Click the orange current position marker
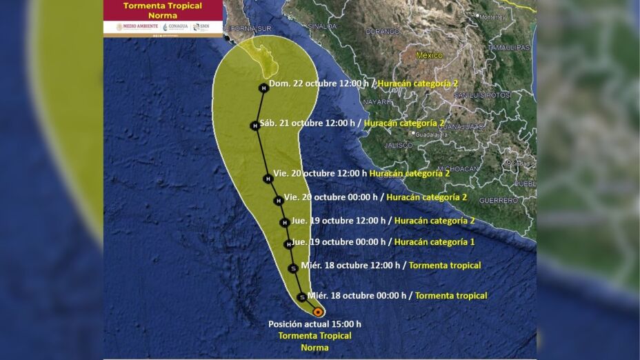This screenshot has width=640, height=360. [318, 312]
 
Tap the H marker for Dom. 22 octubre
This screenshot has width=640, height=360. [263, 88]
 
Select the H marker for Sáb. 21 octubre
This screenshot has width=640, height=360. [254, 125]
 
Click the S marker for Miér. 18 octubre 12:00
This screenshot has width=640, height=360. [293, 268]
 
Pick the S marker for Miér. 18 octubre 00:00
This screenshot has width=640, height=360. [301, 297]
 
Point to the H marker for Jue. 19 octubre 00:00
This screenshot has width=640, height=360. [288, 244]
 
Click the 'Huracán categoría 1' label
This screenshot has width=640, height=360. [434, 242]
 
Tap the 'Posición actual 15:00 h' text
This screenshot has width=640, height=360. [314, 323]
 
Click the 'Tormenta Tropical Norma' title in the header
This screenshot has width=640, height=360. [163, 10]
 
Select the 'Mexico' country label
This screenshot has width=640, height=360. [429, 55]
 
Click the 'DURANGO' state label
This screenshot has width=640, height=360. [382, 32]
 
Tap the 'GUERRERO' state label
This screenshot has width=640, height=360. [498, 200]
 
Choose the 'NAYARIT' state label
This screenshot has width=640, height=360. [378, 101]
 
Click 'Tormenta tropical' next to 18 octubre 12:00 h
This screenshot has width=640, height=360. [445, 265]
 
